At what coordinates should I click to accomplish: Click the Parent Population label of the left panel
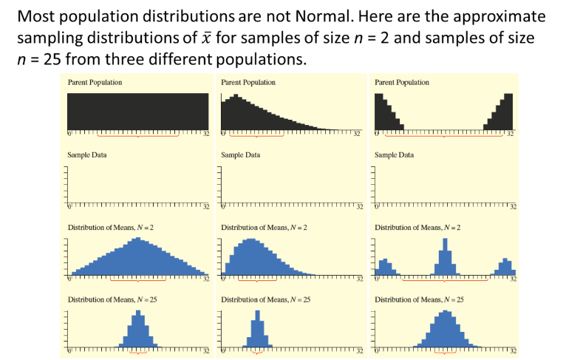(95, 82)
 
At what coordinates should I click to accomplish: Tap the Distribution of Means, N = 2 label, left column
(111, 227)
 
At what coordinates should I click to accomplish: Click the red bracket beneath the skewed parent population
(256, 137)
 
